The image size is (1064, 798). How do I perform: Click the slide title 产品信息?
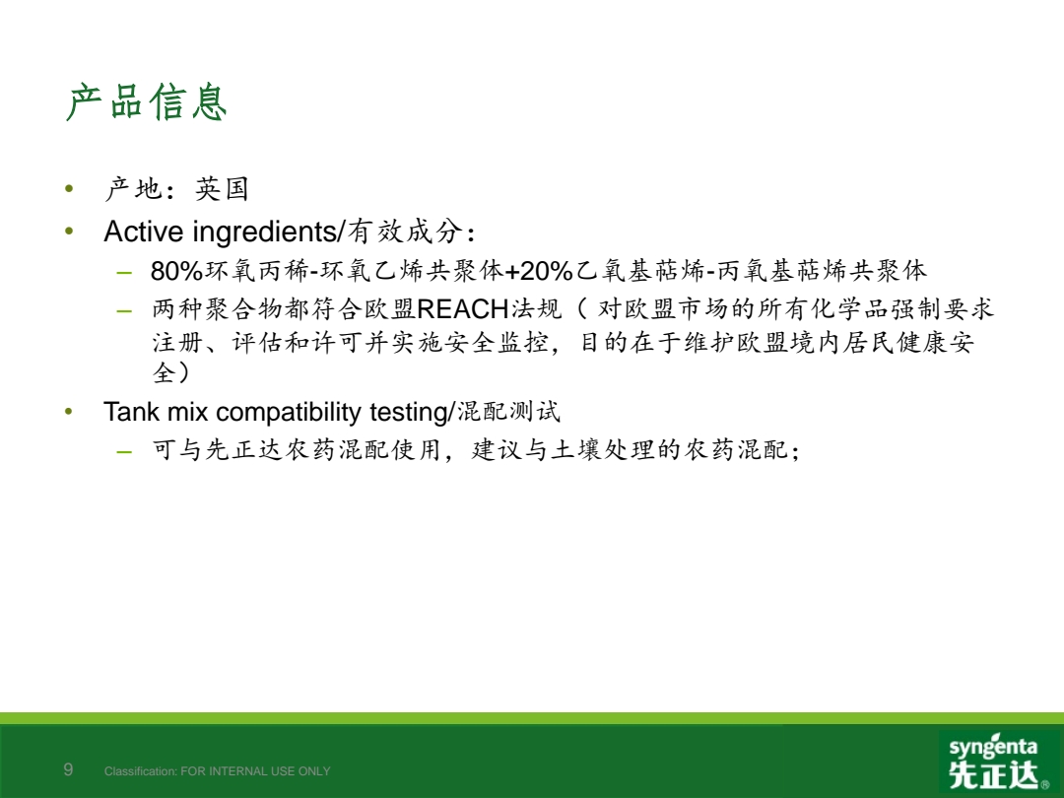click(146, 102)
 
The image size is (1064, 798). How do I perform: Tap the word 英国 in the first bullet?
click(222, 188)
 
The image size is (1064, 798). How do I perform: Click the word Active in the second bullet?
click(144, 232)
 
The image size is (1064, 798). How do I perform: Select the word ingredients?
click(265, 233)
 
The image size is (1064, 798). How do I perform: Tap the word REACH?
click(463, 309)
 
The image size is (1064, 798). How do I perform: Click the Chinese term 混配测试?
click(508, 411)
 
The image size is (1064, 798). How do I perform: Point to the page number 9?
click(68, 769)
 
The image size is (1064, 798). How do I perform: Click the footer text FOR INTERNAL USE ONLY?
click(255, 771)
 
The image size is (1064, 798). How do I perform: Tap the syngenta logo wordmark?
click(993, 747)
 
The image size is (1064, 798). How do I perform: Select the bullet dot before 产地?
click(69, 188)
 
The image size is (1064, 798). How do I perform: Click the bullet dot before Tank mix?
click(69, 411)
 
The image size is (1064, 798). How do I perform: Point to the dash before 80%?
click(124, 274)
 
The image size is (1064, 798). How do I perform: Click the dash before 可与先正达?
click(124, 451)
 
